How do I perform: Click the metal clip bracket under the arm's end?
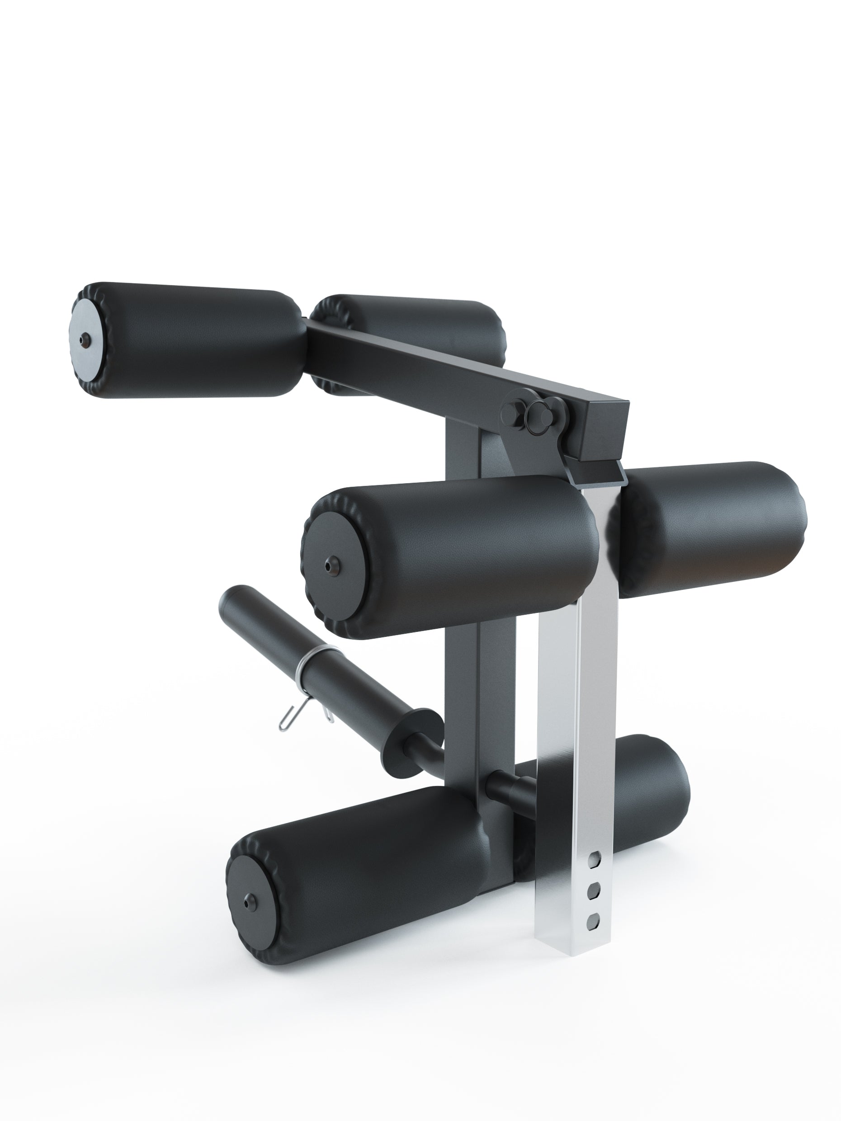[x=595, y=473]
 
